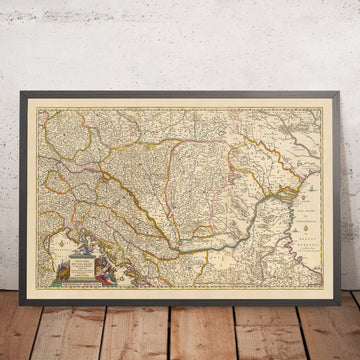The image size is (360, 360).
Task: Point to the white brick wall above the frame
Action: coord(180,40)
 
